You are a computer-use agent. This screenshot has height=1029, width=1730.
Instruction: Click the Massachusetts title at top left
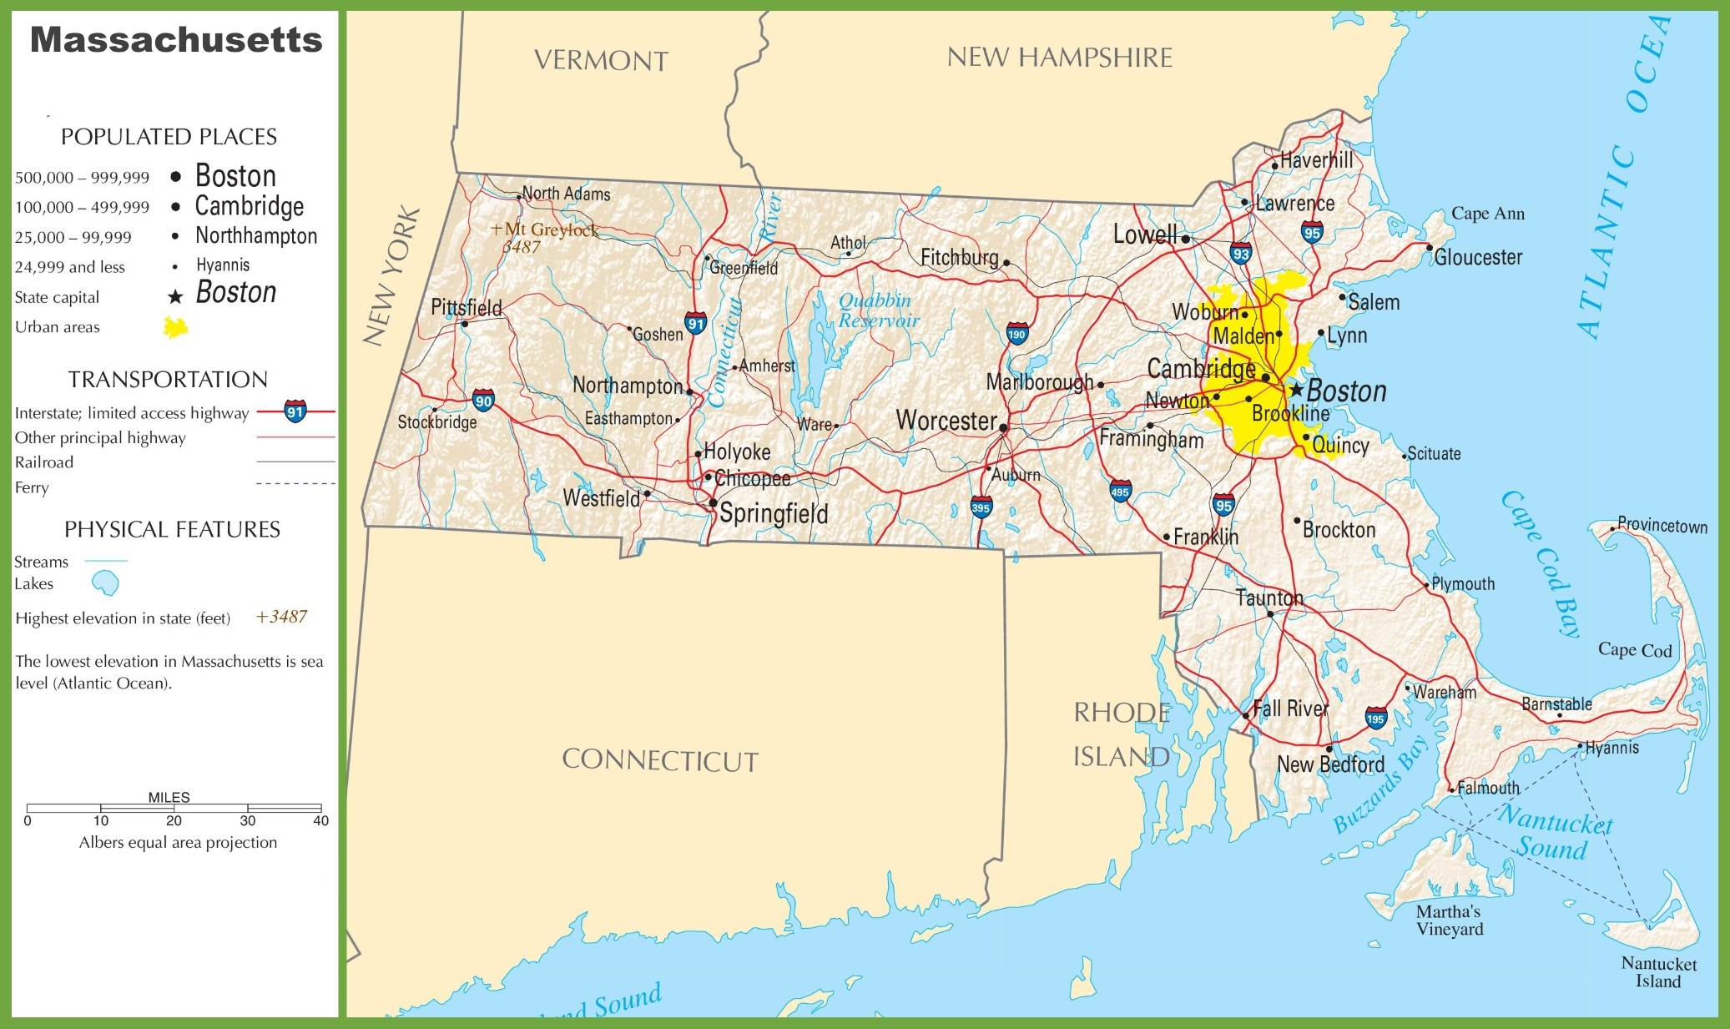click(x=176, y=40)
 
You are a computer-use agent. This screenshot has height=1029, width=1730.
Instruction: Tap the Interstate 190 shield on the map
click(x=1016, y=334)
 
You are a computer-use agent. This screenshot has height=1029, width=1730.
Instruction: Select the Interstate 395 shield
click(x=981, y=507)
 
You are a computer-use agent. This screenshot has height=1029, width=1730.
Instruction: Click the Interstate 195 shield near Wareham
click(x=1375, y=718)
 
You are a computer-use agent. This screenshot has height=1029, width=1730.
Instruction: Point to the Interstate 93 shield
click(x=1241, y=254)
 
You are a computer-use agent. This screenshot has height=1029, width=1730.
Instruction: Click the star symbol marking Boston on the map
click(x=1296, y=390)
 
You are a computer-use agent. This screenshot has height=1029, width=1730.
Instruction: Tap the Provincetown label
click(x=1662, y=526)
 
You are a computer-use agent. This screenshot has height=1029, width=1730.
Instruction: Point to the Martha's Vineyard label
click(x=1449, y=920)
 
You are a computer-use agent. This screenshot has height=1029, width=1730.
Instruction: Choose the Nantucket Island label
click(x=1658, y=972)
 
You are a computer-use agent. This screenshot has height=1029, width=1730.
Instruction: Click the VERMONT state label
click(x=601, y=61)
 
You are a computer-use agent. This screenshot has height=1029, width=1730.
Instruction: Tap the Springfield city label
click(x=774, y=513)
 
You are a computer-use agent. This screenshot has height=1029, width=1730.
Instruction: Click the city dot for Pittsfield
click(x=465, y=324)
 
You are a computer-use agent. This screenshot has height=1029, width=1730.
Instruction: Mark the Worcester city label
click(x=946, y=421)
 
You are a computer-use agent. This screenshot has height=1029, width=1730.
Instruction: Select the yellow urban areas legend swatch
click(x=175, y=327)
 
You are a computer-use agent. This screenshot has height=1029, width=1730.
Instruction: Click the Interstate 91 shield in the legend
click(x=295, y=411)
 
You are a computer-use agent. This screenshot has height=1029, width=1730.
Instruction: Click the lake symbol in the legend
click(x=105, y=583)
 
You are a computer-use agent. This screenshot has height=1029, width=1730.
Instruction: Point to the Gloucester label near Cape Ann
click(x=1478, y=257)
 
